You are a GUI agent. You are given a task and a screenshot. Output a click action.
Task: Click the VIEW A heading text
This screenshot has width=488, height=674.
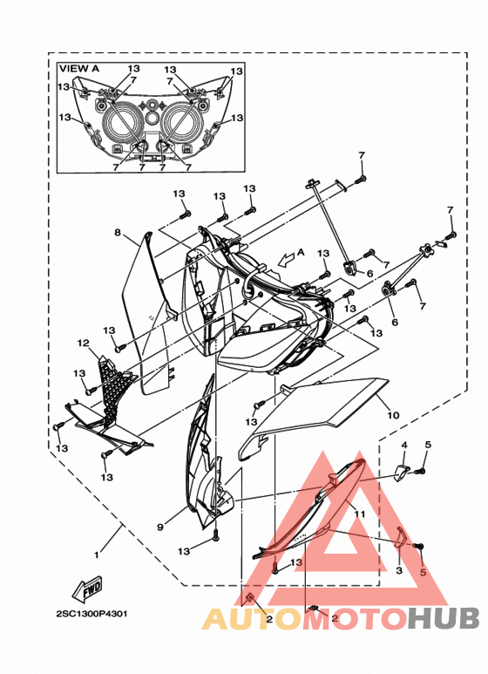point(79,68)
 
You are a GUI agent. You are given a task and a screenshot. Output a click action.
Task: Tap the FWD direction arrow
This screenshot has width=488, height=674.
point(88,589)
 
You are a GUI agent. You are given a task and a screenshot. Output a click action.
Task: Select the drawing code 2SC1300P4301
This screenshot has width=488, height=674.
point(91,614)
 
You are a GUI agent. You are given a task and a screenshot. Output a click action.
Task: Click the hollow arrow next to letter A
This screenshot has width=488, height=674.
point(286,258)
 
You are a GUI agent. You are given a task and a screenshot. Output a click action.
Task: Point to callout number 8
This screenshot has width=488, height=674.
point(118,233)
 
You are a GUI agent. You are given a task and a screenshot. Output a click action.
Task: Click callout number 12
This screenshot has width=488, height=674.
point(84,343)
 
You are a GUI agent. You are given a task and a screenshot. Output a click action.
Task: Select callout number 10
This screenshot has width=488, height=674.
point(393,415)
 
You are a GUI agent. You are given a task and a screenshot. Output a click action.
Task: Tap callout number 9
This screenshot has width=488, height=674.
point(160,526)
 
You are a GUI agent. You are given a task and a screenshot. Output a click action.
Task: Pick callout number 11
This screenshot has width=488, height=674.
point(360,514)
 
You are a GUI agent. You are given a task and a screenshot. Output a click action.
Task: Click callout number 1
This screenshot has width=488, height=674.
point(97,555)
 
